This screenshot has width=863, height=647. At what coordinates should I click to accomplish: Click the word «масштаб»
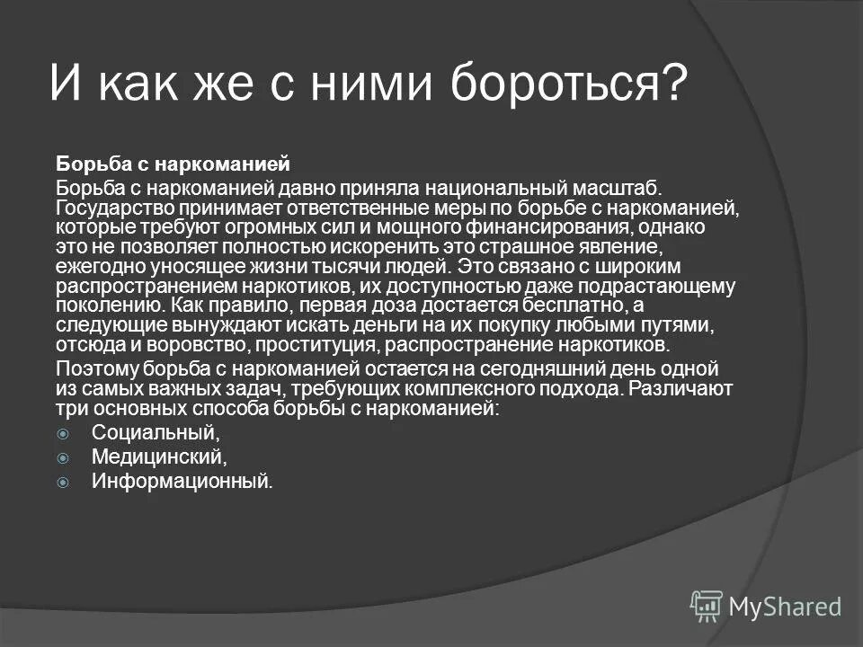pos(617,188)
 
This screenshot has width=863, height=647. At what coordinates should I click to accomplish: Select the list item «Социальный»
pos(154,433)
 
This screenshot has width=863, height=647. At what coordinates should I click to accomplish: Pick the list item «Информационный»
pos(181,481)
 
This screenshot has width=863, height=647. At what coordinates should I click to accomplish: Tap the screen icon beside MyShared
pos(707,607)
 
